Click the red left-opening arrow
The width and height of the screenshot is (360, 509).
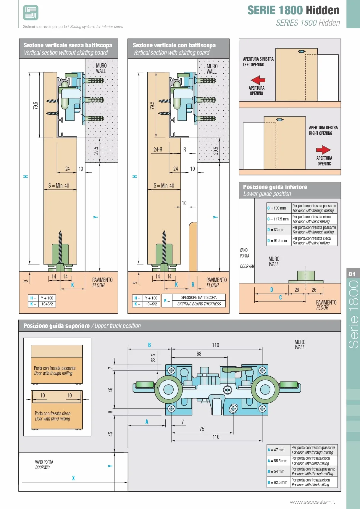tap(258, 80)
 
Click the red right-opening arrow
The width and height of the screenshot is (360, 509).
tap(323, 150)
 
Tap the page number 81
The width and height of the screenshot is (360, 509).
tap(352, 274)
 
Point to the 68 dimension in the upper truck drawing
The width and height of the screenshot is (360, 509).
tap(199, 354)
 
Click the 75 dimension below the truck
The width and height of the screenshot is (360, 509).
tap(202, 429)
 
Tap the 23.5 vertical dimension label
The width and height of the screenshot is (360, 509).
tap(153, 358)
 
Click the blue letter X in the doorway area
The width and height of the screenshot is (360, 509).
tap(73, 478)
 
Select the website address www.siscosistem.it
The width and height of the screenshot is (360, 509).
tap(312, 502)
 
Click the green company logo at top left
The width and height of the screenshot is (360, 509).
tap(31, 13)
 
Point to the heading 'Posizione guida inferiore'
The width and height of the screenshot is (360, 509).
tap(275, 187)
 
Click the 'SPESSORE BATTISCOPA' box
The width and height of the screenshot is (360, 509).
tap(199, 297)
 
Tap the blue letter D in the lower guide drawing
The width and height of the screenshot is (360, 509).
tap(272, 290)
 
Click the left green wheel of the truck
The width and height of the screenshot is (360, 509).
tap(168, 389)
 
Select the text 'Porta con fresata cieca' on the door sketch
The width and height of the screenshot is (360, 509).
tap(53, 413)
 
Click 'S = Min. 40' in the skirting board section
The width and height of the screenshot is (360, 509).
tap(164, 186)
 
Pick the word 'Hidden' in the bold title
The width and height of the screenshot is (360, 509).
tap(323, 10)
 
